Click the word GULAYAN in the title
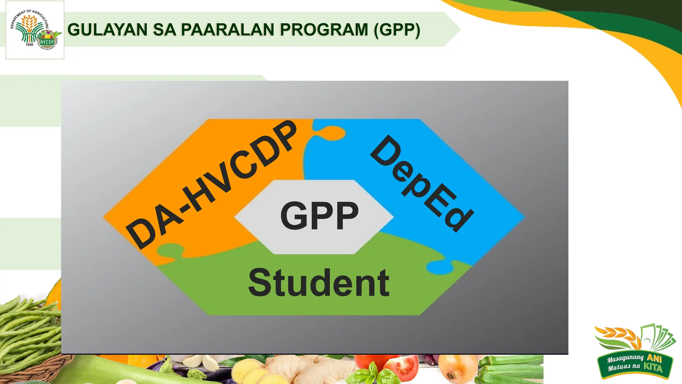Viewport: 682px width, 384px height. tap(107, 30)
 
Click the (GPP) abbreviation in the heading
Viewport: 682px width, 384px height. tap(397, 30)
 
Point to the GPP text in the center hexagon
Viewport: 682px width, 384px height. tap(319, 216)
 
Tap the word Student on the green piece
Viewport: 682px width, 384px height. tap(319, 283)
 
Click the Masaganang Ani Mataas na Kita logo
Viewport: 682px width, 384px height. tap(634, 352)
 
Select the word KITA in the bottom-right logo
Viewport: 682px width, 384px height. tap(653, 367)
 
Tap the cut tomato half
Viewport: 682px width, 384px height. tap(403, 367)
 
